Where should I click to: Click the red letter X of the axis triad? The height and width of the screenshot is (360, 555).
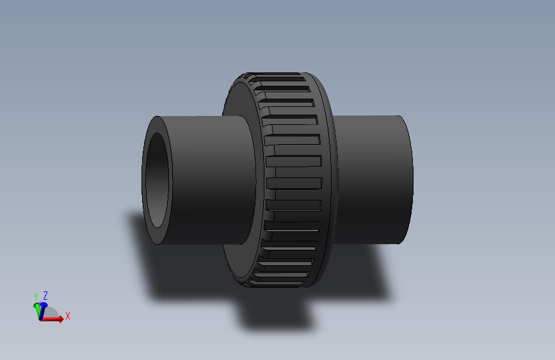[67, 316]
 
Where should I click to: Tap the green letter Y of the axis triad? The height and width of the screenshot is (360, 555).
[36, 296]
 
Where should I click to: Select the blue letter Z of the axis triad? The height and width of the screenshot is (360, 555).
[45, 295]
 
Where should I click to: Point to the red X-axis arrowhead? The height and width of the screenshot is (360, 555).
[60, 319]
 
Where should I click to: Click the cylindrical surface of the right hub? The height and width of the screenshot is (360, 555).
[371, 179]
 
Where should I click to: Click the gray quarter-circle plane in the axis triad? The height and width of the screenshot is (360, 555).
[52, 314]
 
